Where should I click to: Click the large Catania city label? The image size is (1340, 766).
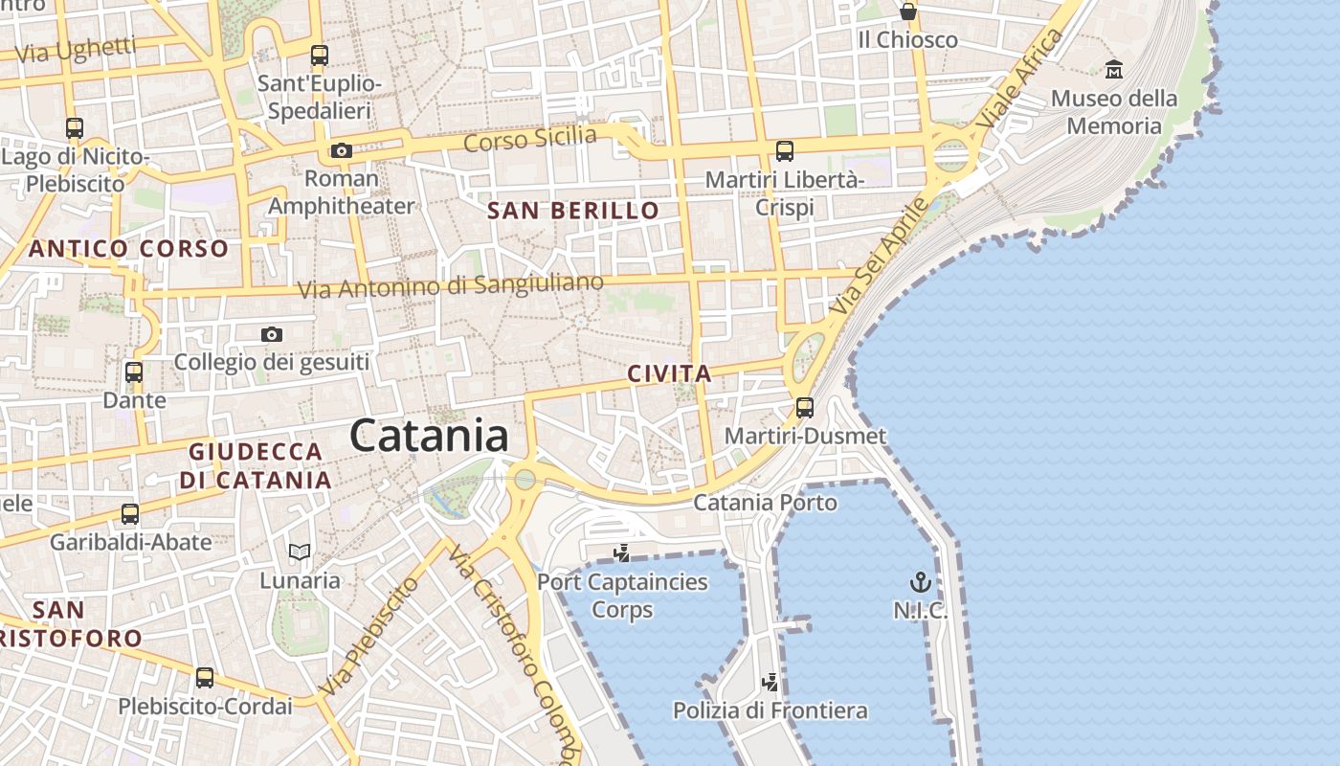(429, 436)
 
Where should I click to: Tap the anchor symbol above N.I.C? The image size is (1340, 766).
(920, 581)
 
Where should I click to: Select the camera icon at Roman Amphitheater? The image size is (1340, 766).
(341, 150)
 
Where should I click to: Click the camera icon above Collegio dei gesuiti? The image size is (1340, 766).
(272, 334)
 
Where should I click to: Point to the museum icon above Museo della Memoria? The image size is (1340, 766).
(1114, 69)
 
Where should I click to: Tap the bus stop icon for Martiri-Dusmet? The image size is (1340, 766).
(805, 408)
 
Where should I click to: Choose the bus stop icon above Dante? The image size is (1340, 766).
(134, 372)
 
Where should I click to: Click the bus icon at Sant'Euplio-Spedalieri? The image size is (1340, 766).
(320, 56)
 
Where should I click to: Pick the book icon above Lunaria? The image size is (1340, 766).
(300, 552)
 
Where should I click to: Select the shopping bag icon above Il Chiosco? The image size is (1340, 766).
(907, 11)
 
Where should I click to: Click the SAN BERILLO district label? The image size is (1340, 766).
(573, 211)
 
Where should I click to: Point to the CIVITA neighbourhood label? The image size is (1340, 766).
(670, 373)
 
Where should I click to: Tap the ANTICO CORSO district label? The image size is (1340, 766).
(128, 249)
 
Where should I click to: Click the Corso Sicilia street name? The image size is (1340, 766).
(530, 139)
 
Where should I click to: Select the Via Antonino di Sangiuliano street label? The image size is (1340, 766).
(451, 285)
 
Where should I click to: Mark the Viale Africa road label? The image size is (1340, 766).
(1021, 79)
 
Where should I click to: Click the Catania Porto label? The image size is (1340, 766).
(765, 502)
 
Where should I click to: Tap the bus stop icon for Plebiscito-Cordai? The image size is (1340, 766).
(205, 678)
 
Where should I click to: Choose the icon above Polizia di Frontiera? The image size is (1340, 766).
(770, 682)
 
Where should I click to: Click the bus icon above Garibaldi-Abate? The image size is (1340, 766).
(130, 514)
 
